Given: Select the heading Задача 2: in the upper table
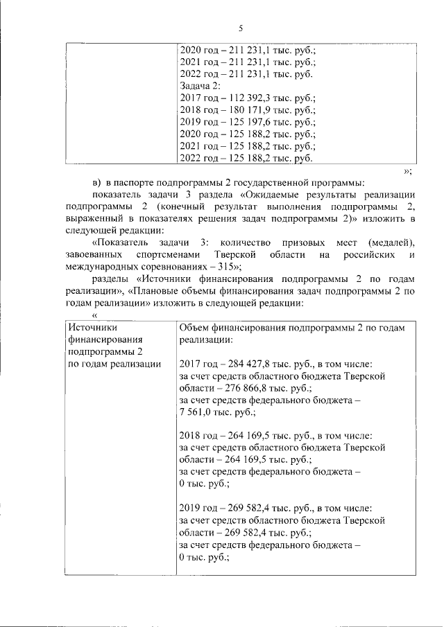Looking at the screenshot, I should pos(200,87).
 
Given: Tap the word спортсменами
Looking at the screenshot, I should pos(171,256).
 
